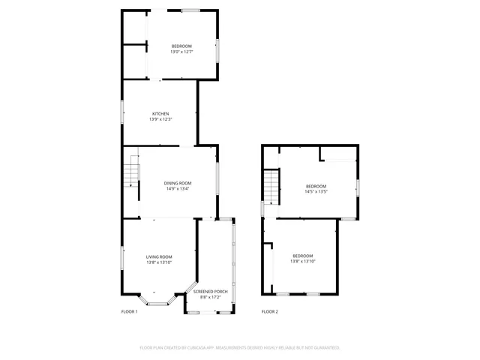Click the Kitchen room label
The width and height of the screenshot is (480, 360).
[160, 114]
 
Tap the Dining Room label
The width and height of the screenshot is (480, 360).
[178, 183]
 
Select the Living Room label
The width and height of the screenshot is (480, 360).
[159, 257]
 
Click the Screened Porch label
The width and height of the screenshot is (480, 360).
[211, 291]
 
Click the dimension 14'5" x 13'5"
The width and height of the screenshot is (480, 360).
[316, 192]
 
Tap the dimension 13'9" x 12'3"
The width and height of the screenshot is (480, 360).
[160, 120]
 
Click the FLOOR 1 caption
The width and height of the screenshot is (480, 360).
[129, 311]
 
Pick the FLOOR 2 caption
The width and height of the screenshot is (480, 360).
[269, 311]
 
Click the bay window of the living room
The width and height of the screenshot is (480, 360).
[157, 303]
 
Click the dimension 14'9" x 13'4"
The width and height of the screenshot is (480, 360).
[178, 189]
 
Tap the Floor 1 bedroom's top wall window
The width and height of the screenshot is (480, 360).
[190, 10]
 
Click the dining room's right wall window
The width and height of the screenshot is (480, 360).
[217, 180]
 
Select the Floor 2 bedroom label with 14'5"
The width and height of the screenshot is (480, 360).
[316, 186]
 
